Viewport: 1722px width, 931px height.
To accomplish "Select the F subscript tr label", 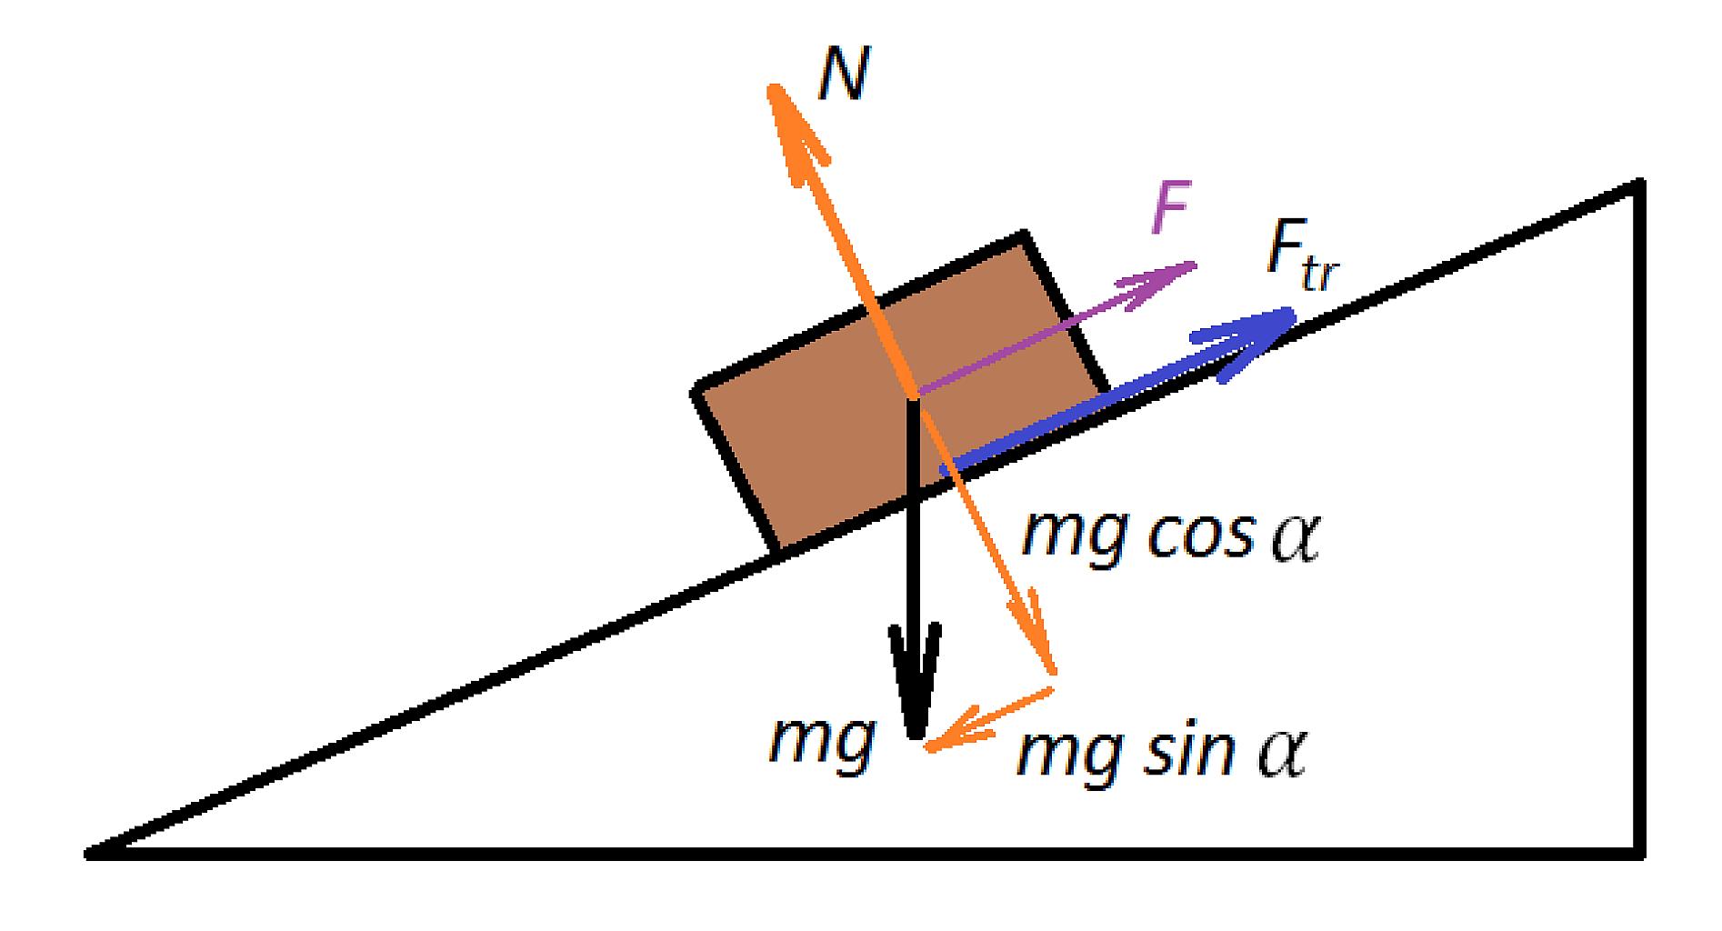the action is pyautogui.click(x=1303, y=261).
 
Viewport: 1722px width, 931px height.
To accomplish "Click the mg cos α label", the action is pyautogui.click(x=1170, y=537).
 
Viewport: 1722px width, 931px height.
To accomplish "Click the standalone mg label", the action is pyautogui.click(x=822, y=744).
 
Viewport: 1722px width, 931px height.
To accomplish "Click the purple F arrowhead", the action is pyautogui.click(x=1195, y=265).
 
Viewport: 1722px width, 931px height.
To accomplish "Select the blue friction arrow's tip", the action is pyautogui.click(x=1292, y=313).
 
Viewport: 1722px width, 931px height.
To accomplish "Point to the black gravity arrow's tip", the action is pyautogui.click(x=916, y=735).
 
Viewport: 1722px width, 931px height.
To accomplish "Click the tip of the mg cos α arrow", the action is pyautogui.click(x=1054, y=671).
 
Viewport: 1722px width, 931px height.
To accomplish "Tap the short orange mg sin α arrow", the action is pyautogui.click(x=988, y=718).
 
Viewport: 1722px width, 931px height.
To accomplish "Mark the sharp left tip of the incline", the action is pyautogui.click(x=88, y=854).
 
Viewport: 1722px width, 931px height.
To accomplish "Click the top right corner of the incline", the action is pyautogui.click(x=1638, y=184).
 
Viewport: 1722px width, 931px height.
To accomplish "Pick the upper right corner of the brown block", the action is pyautogui.click(x=1025, y=235).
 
